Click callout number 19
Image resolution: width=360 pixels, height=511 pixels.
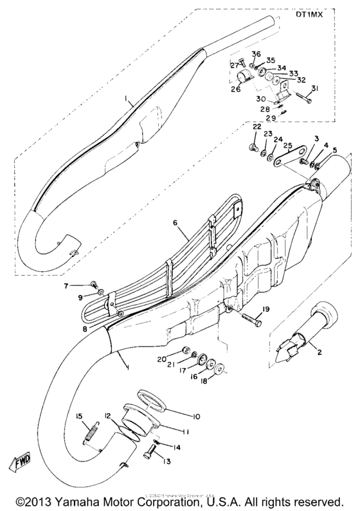[x=266, y=309]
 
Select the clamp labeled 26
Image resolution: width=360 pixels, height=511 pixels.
[x=242, y=80]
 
